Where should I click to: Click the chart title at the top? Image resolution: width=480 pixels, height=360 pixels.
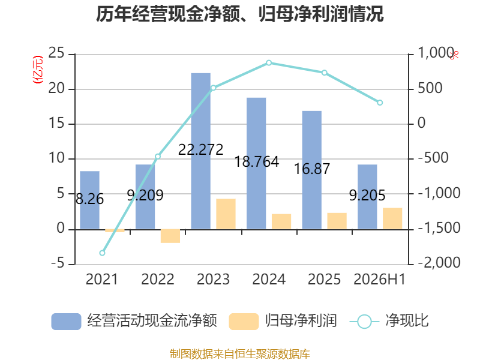point(239,14)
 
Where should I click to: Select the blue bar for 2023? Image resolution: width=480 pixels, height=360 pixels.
point(201,151)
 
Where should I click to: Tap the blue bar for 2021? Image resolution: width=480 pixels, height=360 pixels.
point(89,200)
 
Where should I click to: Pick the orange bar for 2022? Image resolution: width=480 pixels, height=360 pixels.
point(170,236)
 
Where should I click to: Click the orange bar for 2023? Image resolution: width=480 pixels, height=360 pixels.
point(226,214)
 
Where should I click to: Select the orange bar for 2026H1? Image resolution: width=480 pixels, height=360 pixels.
point(392,218)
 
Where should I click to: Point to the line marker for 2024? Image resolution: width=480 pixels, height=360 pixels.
point(269,63)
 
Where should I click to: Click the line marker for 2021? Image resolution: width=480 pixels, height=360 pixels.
point(102,253)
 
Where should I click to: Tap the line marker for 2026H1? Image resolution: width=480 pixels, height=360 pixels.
point(380,103)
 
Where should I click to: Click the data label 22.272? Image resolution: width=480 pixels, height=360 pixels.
point(201,149)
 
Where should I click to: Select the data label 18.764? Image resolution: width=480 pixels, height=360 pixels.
point(257,161)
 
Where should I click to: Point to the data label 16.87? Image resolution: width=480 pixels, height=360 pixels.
point(312,169)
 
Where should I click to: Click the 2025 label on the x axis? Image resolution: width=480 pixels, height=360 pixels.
point(324,279)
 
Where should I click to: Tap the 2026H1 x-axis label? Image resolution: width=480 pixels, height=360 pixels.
point(380,279)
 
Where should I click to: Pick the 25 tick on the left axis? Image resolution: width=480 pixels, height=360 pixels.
point(56,53)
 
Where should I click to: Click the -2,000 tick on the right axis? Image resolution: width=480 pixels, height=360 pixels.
point(439,262)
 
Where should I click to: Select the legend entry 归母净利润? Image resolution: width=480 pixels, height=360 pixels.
point(283,321)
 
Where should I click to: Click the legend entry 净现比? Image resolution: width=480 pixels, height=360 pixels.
point(389,321)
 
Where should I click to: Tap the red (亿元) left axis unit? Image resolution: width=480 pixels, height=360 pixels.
point(38,70)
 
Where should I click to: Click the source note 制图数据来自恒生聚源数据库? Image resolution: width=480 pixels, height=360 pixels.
point(240,354)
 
